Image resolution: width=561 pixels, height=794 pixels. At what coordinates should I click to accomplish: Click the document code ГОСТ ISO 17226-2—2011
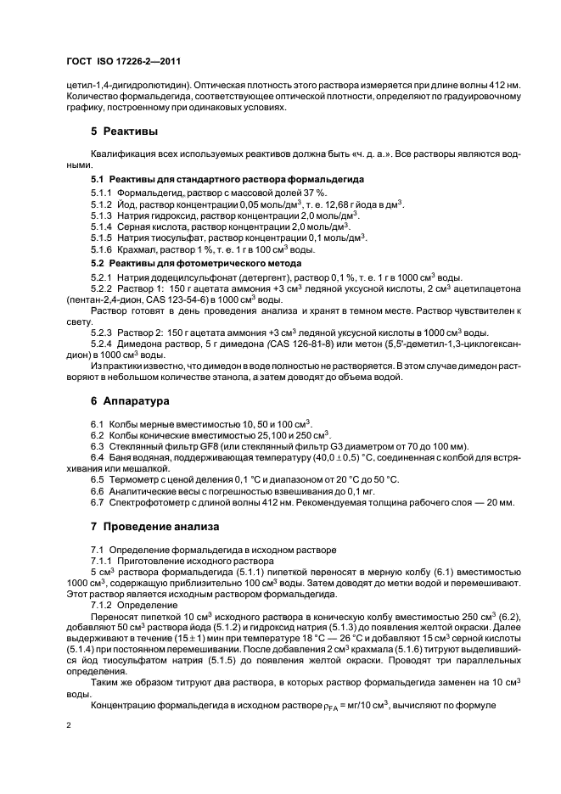click(122, 62)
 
